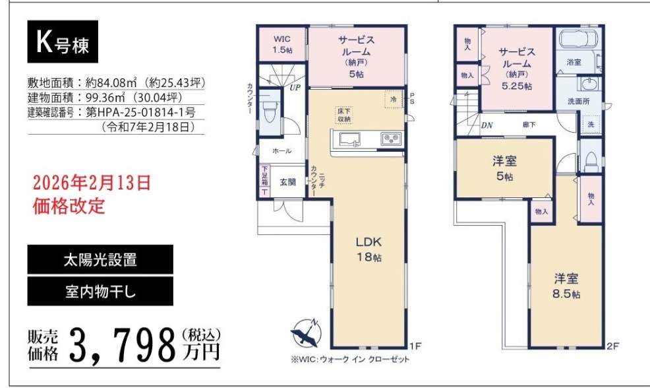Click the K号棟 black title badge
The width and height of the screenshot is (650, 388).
point(63,42)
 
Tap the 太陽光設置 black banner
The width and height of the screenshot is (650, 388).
point(100,259)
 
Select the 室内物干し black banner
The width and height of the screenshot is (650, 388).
point(100,291)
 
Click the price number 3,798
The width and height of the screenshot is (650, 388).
point(123,344)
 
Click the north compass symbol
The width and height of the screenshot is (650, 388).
point(307,333)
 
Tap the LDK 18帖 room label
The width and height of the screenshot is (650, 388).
point(369,249)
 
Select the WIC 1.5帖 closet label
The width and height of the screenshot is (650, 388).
point(282,44)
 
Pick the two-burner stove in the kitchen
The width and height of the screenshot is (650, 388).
point(392,139)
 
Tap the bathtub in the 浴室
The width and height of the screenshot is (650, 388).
point(579,40)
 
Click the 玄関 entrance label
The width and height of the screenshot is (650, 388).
point(287,182)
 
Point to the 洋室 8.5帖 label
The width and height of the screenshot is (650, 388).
point(566,286)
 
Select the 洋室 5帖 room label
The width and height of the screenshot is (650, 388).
point(504,168)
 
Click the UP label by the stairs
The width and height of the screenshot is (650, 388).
point(295,88)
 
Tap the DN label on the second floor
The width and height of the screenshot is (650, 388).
point(487,125)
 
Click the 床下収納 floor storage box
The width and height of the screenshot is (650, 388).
point(344,115)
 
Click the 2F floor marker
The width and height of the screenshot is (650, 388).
point(612,346)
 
